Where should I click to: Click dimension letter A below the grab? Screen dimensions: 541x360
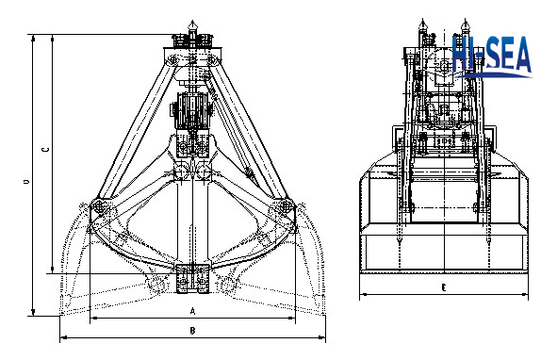point(193,311)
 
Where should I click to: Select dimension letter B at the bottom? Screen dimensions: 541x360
point(193,331)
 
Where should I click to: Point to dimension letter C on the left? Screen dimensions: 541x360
point(45,150)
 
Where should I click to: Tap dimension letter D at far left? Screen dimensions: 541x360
point(26,182)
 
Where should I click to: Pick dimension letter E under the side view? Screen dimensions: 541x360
point(444,287)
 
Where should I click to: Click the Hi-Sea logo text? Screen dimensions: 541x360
point(492,56)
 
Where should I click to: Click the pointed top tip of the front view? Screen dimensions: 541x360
point(192,22)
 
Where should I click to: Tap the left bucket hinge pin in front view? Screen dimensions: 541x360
point(99,206)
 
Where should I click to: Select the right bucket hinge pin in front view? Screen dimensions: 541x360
point(286,206)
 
